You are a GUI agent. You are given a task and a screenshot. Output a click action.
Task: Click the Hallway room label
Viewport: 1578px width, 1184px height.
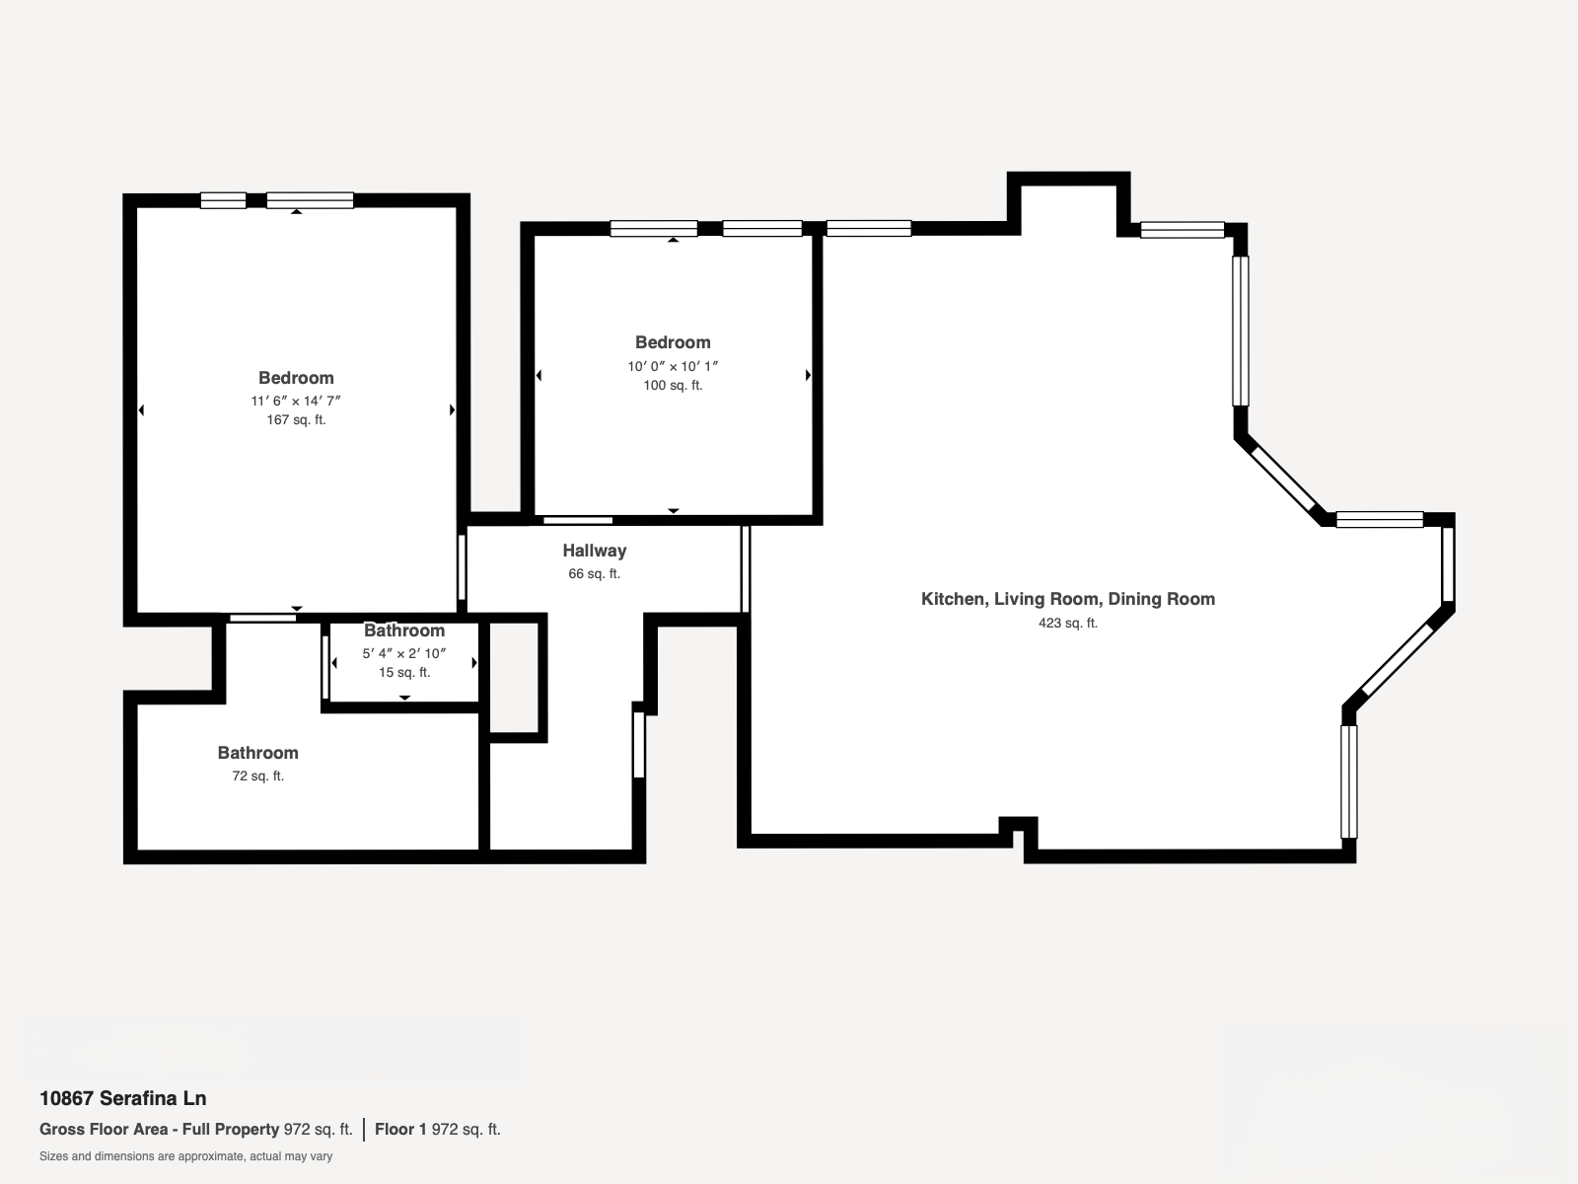(594, 551)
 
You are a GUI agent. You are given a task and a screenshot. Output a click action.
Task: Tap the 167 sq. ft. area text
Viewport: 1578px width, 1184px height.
(296, 419)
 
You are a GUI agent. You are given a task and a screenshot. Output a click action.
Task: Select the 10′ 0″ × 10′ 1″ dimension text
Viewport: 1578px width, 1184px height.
(673, 366)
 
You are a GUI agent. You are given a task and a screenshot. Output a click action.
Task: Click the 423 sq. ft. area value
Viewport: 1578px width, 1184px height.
(1067, 623)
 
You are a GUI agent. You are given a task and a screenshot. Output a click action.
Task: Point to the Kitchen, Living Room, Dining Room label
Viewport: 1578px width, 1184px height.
(1067, 599)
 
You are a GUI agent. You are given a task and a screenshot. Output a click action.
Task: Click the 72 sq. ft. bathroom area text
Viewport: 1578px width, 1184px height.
(257, 776)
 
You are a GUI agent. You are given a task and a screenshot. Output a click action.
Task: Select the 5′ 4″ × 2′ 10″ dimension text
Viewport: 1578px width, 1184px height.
(404, 653)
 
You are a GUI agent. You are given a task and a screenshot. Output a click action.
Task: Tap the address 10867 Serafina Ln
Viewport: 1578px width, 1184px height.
(122, 1098)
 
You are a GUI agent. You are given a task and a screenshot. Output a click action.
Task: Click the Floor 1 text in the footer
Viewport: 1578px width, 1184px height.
(399, 1130)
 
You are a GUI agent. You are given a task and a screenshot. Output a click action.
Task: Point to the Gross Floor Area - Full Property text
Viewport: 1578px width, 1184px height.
(159, 1130)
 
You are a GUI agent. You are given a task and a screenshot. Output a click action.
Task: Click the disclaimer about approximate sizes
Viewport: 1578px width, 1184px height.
(185, 1156)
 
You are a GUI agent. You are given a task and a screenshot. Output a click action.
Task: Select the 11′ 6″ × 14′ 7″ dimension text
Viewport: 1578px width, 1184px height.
(296, 401)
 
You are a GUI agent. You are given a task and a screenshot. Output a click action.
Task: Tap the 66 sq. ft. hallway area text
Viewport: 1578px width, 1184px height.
(594, 573)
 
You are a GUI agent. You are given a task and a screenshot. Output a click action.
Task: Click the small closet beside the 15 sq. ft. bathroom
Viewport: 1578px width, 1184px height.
(514, 678)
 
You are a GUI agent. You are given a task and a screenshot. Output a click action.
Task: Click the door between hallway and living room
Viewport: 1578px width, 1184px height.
(746, 569)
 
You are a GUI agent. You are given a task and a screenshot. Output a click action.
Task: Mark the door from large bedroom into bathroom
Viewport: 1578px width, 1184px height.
(262, 619)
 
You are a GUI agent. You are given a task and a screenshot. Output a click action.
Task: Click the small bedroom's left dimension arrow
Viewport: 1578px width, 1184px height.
(539, 375)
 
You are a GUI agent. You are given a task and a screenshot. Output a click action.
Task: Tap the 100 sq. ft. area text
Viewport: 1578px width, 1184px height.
(673, 386)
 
